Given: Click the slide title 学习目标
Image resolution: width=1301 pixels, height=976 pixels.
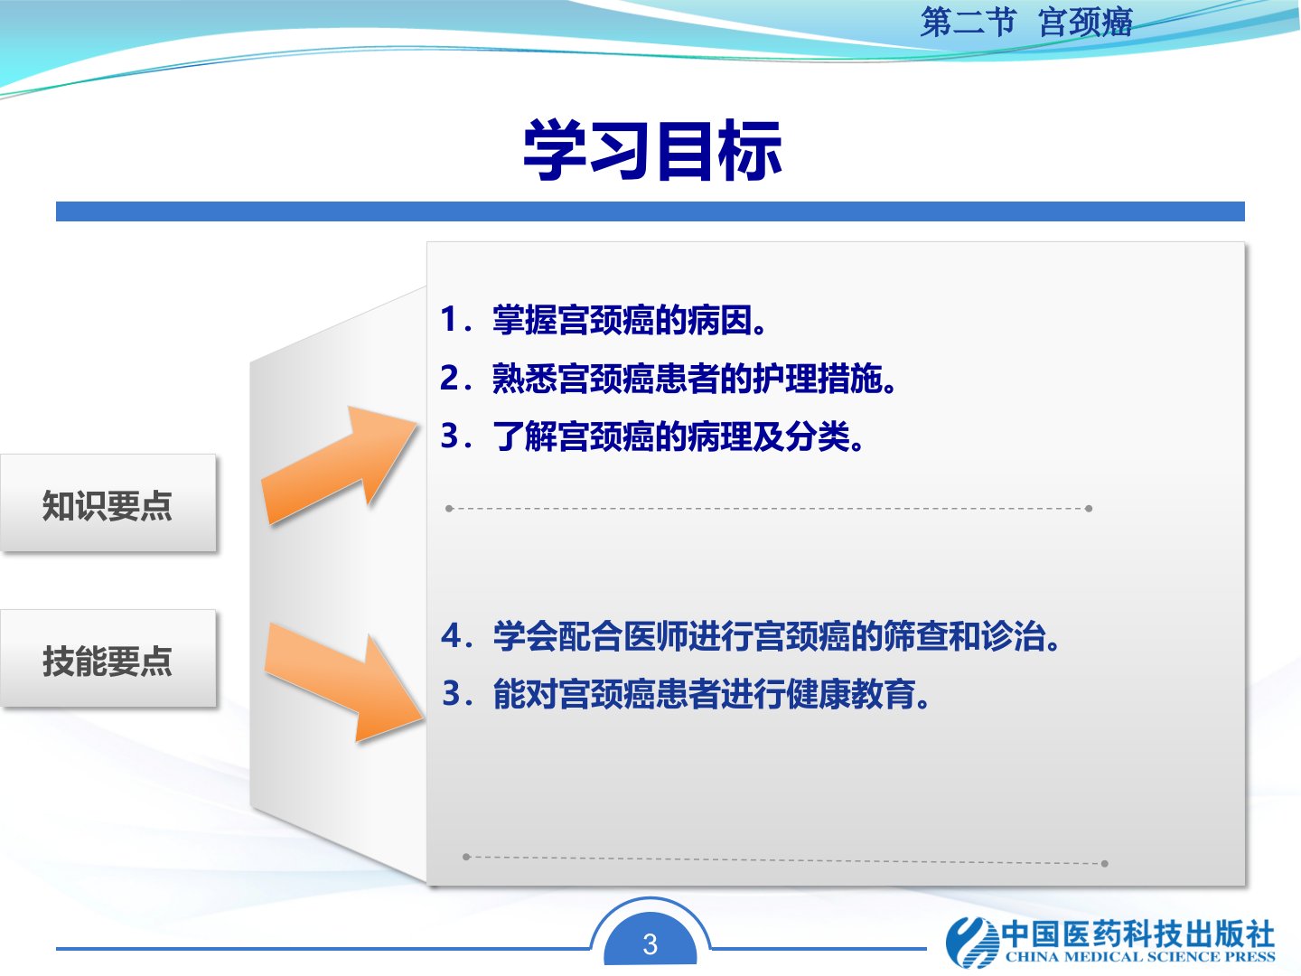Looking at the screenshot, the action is tap(652, 150).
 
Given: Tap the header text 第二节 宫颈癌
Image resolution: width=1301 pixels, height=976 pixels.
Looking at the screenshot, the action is tap(1026, 23).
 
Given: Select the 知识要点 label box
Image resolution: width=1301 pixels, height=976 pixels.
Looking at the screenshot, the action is tap(108, 503).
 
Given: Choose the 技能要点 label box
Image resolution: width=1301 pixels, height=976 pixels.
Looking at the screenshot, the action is tap(108, 659).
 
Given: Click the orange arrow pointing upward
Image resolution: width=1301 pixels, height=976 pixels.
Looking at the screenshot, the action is tap(338, 465).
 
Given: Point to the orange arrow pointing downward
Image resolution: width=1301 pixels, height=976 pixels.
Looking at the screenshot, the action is tap(344, 681).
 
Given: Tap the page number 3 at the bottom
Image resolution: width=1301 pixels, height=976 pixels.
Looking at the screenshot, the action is tap(650, 944).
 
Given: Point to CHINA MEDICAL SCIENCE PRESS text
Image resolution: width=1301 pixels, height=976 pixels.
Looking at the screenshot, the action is tap(1140, 956).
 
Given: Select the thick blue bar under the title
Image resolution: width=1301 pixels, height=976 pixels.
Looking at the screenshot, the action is tap(650, 211).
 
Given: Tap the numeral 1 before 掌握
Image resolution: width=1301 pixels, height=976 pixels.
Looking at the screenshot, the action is tap(448, 319).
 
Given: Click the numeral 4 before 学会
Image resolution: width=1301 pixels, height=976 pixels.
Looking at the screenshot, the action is tap(451, 635).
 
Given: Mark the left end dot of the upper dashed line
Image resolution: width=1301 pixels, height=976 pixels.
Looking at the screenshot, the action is tap(449, 509).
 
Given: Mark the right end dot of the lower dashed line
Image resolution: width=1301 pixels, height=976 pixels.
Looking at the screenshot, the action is tap(1105, 863).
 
